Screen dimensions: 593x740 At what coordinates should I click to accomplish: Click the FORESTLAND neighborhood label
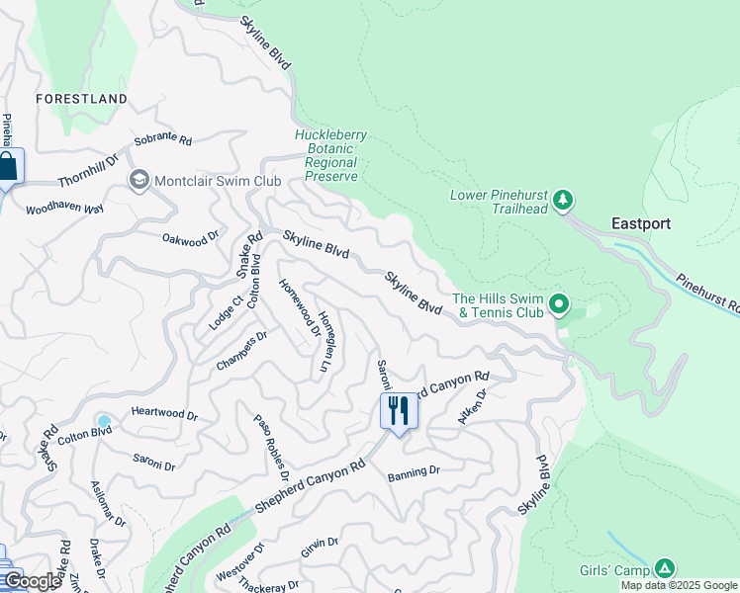tap(81, 99)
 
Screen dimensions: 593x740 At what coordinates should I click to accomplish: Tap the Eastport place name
tap(641, 223)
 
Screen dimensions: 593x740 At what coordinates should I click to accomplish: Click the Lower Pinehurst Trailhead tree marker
tap(563, 201)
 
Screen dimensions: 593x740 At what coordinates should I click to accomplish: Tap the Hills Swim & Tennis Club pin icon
tap(559, 304)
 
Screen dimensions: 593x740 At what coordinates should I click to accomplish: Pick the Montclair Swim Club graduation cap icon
tap(139, 180)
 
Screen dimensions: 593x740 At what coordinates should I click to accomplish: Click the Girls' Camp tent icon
tap(666, 568)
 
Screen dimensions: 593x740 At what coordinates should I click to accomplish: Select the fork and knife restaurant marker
tap(399, 409)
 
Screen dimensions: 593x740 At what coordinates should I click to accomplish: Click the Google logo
tap(33, 581)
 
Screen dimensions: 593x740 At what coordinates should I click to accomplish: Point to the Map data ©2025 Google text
tap(679, 585)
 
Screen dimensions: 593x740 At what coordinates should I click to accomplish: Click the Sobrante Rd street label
tap(163, 140)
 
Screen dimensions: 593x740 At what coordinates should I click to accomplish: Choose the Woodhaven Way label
tap(64, 209)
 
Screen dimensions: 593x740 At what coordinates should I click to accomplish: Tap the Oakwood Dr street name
tap(190, 239)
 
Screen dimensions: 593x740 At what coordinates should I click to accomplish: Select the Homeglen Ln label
tap(324, 344)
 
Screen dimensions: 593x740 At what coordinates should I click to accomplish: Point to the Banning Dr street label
tap(414, 471)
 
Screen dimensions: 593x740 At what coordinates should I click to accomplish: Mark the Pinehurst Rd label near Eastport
tap(707, 292)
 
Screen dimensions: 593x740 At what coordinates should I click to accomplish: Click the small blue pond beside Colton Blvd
tap(104, 421)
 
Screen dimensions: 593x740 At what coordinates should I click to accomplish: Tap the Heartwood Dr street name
tap(164, 415)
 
